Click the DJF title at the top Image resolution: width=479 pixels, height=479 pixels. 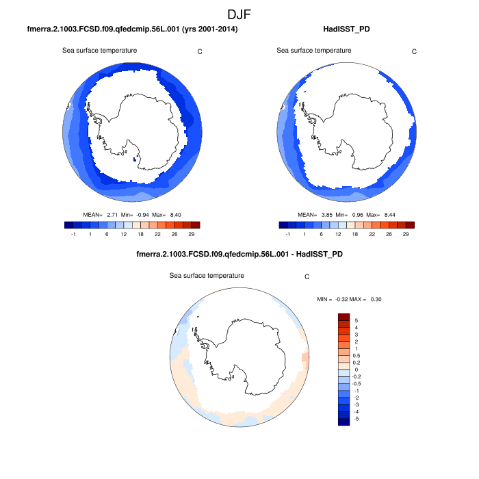239,14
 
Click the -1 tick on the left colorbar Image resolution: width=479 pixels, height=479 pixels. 73,234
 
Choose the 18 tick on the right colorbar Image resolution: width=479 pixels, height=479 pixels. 354,234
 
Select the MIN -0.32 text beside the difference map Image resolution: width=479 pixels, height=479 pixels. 331,300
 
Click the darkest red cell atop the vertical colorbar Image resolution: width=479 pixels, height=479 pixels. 344,317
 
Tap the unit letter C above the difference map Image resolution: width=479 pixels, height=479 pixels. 307,277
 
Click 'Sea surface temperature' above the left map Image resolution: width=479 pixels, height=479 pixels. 100,51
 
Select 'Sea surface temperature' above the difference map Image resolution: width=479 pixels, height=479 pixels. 207,275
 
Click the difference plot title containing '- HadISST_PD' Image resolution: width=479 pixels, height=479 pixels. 239,255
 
